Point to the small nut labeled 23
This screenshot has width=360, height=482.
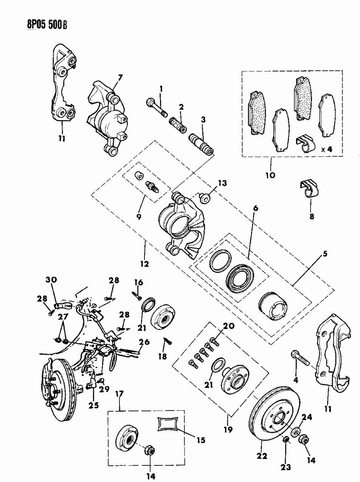286,439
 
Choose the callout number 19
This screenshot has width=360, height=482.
228,429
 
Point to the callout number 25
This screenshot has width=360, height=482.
93,405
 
